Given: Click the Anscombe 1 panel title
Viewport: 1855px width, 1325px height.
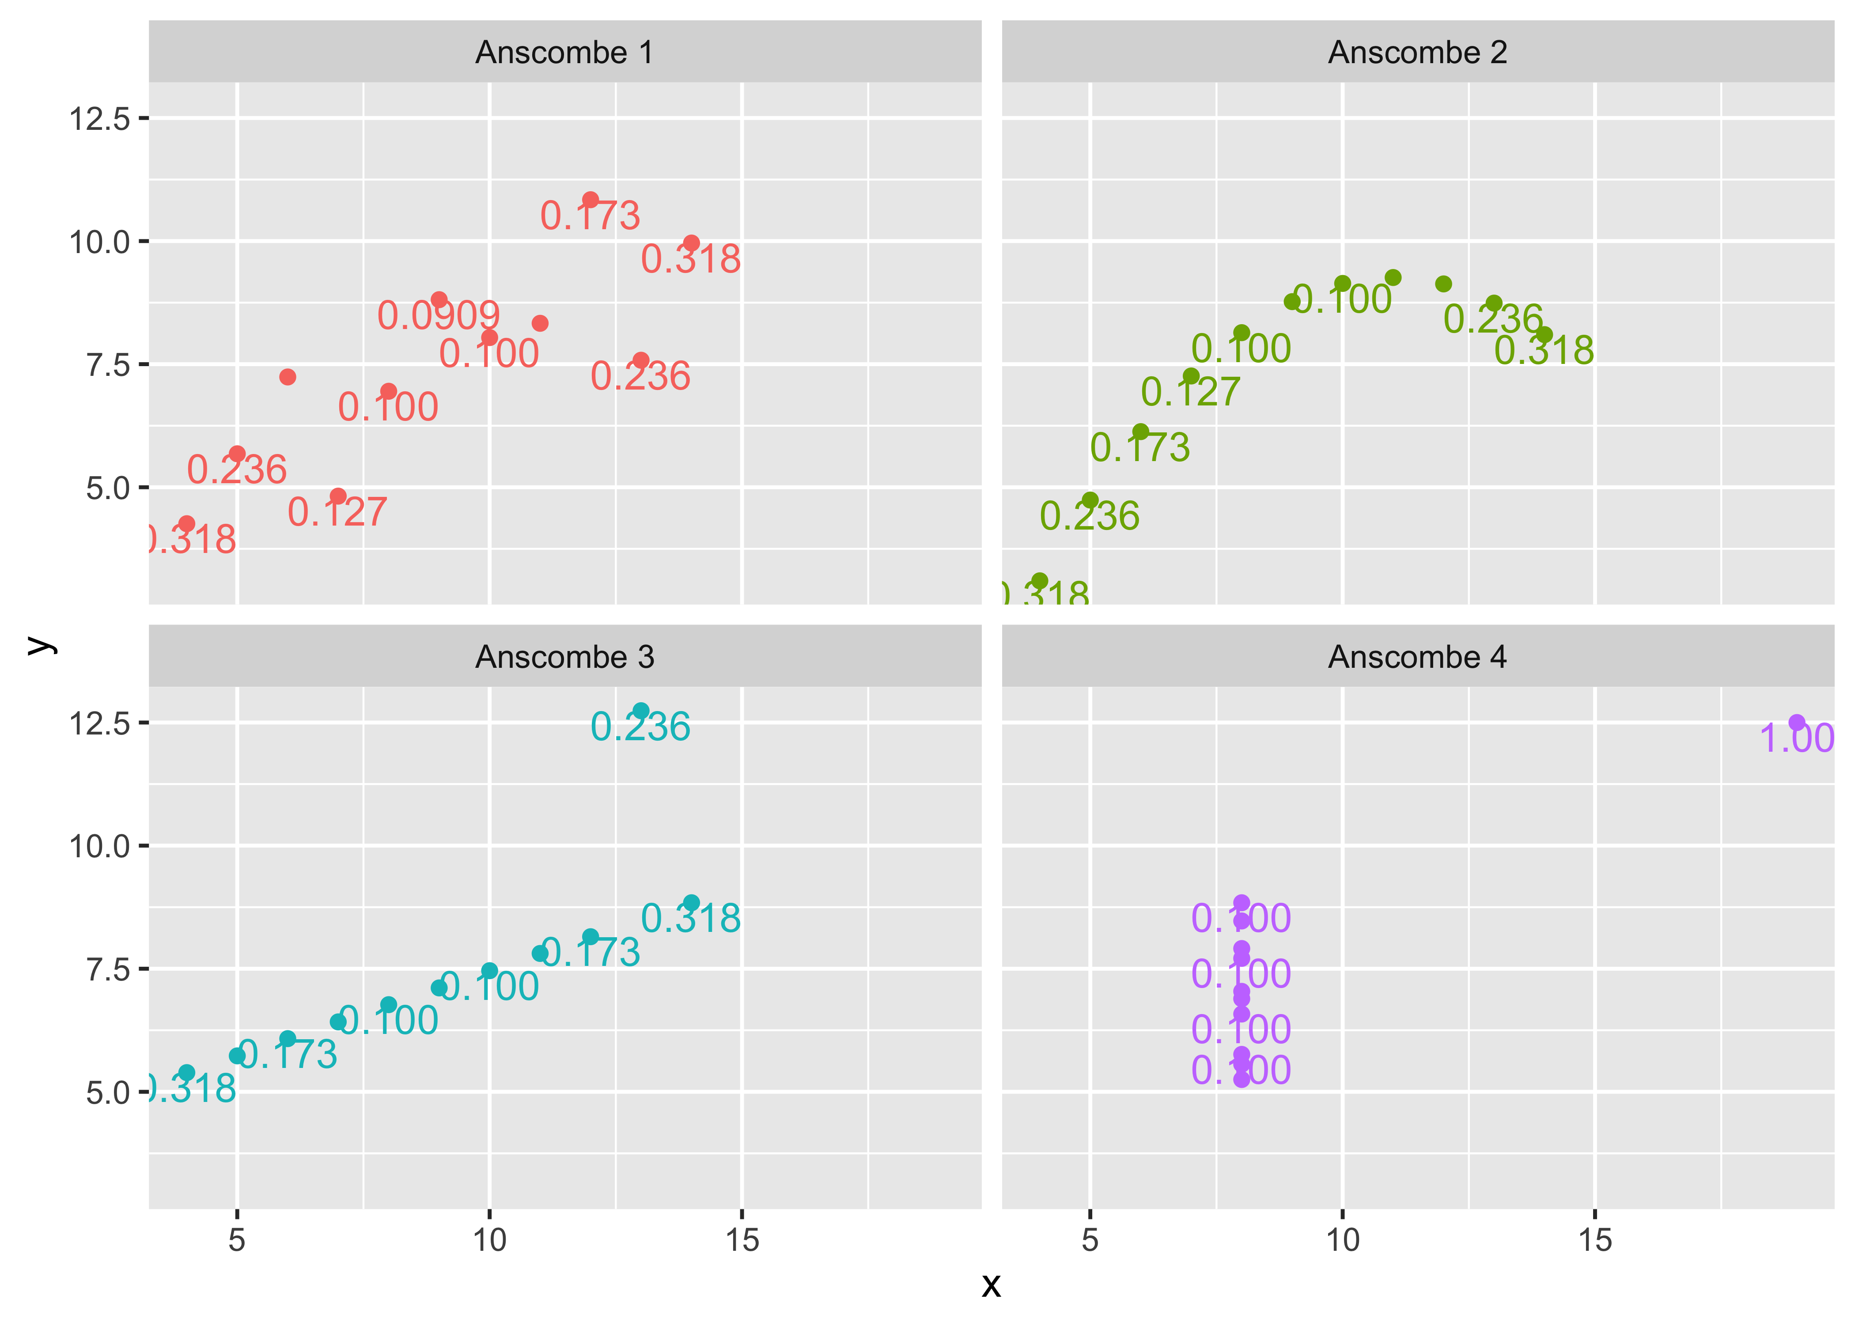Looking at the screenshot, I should pyautogui.click(x=564, y=52).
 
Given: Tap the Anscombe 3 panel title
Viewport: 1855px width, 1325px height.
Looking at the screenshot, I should pyautogui.click(x=564, y=657).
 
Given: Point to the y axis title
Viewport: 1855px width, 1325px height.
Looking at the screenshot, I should pyautogui.click(x=39, y=644).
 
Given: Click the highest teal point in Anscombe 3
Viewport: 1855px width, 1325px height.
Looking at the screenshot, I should pyautogui.click(x=641, y=711).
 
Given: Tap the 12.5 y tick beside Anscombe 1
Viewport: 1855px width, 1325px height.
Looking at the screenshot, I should pyautogui.click(x=99, y=119).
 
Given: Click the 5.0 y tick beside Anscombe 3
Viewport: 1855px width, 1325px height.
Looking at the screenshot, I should pyautogui.click(x=108, y=1093).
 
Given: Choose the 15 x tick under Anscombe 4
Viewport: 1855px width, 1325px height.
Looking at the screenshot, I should pyautogui.click(x=1595, y=1240).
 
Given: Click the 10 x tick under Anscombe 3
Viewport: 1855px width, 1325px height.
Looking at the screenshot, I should pyautogui.click(x=489, y=1240).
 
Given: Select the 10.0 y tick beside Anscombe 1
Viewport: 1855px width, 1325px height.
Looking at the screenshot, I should pyautogui.click(x=99, y=242).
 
